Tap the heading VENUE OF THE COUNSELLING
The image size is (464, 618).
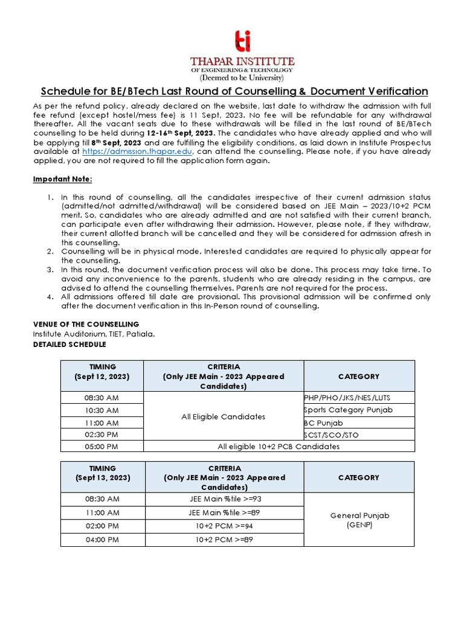(86, 324)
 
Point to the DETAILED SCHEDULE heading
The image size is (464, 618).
(69, 344)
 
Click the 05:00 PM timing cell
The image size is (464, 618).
(102, 447)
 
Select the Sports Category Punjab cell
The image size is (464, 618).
(348, 410)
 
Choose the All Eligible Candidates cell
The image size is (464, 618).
(224, 416)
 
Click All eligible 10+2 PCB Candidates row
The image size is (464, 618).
(278, 447)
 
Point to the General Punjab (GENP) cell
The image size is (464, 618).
(359, 520)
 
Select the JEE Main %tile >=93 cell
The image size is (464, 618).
(224, 499)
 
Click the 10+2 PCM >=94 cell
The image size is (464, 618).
(224, 526)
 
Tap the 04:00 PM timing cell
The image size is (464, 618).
(102, 540)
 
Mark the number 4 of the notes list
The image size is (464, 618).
(50, 297)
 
